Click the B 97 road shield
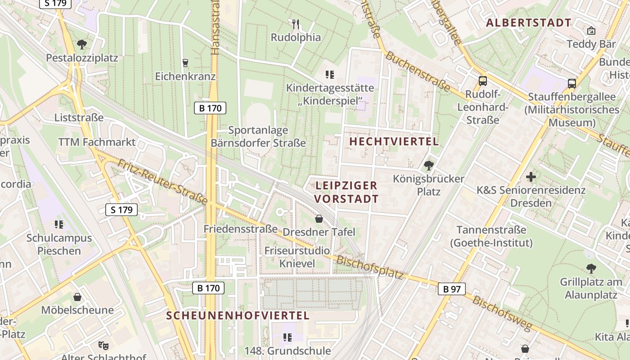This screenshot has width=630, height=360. pos(452,289)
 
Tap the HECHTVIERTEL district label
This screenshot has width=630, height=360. pos(394,141)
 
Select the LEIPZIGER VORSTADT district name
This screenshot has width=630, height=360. pos(346,192)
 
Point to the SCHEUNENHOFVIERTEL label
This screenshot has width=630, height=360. pos(238,315)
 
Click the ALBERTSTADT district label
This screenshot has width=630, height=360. pos(529,22)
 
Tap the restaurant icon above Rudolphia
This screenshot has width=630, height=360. pos(296,23)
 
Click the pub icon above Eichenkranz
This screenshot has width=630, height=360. pos(185,63)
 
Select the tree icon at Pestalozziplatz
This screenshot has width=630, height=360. pos(82,44)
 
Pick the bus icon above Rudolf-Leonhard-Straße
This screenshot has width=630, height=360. pos(482,81)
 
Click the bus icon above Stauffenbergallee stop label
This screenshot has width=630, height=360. pos(571,83)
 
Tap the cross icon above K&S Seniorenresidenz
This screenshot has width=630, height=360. pos(531,177)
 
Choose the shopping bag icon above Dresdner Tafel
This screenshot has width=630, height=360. pos(319,219)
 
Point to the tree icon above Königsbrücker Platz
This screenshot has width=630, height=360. pos(428,165)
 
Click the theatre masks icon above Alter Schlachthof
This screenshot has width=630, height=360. pos(103,346)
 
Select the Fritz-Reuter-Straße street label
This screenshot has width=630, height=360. pos(163,181)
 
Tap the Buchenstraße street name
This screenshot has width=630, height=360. pos(418,72)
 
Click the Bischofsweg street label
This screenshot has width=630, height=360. pos(502,314)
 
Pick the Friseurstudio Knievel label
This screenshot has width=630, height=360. pos(297,257)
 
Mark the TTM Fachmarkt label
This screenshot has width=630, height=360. pos(97,142)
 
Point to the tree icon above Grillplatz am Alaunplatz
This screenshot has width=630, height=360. pos(591,269)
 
